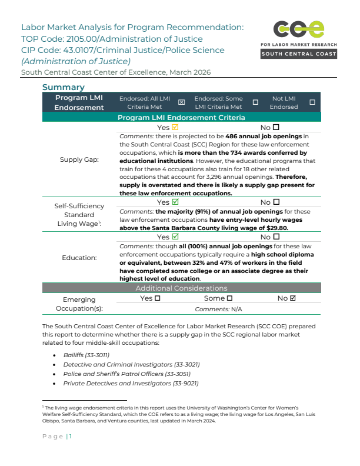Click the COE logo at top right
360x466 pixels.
pyautogui.click(x=299, y=29)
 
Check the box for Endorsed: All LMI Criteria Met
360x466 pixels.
pyautogui.click(x=181, y=102)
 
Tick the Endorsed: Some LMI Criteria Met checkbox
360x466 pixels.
pyautogui.click(x=255, y=102)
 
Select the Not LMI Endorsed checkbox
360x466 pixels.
pyautogui.click(x=312, y=102)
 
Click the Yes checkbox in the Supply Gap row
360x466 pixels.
pyautogui.click(x=175, y=128)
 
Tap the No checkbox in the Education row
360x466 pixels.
pyautogui.click(x=276, y=237)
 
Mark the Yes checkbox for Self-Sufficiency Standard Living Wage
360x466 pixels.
pyautogui.click(x=175, y=202)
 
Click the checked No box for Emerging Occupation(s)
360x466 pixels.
pyautogui.click(x=293, y=298)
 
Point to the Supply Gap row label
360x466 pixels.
pyautogui.click(x=79, y=159)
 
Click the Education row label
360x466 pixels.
pyautogui.click(x=79, y=258)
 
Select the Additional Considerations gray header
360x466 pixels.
pyautogui.click(x=181, y=288)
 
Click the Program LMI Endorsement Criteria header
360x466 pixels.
pyautogui.click(x=181, y=118)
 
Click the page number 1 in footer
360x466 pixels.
pyautogui.click(x=70, y=436)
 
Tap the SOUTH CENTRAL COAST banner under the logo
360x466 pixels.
pyautogui.click(x=299, y=54)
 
